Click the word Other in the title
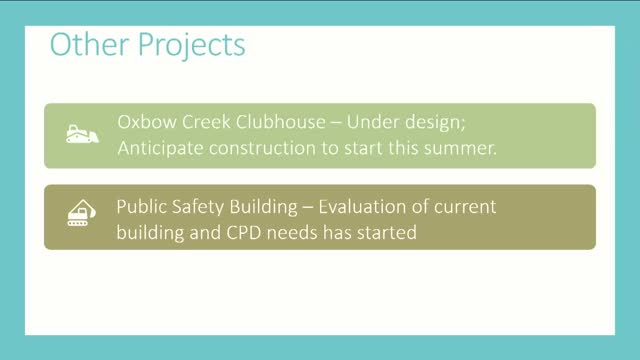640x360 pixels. click(89, 44)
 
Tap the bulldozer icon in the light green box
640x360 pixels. click(82, 134)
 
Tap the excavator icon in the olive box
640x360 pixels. click(82, 213)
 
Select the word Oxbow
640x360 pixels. click(147, 122)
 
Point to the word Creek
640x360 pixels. click(206, 122)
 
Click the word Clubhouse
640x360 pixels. click(281, 122)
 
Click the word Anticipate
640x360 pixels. click(160, 149)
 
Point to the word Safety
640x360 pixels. click(198, 208)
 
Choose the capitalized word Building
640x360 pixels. click(264, 208)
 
